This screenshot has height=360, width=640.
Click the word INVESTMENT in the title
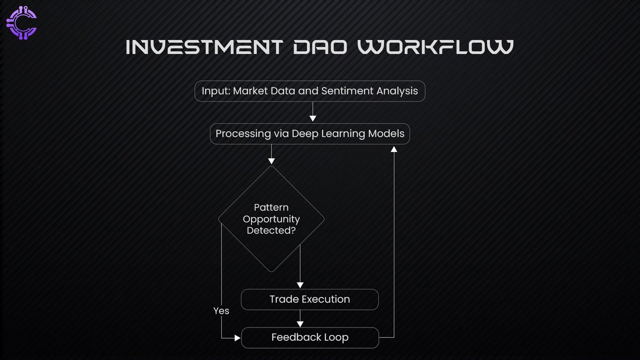(201, 47)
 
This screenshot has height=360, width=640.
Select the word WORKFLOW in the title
(435, 47)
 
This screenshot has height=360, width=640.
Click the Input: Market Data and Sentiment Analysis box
(310, 91)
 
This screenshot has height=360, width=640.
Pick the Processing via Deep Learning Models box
(310, 134)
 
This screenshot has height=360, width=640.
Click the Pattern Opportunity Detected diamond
(271, 219)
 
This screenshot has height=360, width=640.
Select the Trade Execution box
(310, 299)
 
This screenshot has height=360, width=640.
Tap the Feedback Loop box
(310, 338)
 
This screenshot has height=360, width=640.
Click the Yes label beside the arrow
(221, 310)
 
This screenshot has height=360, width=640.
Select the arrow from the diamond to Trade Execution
(300, 267)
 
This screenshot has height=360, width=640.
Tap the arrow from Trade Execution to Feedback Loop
(300, 318)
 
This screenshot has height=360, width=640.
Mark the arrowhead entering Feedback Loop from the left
(237, 338)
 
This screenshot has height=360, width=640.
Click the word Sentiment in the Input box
(342, 91)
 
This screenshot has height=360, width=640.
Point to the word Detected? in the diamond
(271, 231)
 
